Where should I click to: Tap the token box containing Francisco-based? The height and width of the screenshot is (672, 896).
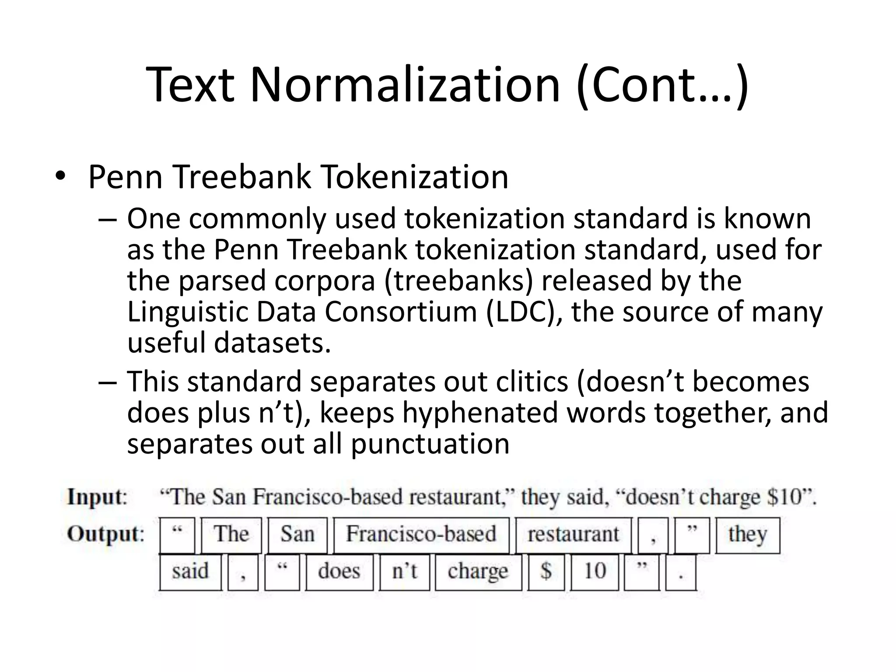[x=421, y=535]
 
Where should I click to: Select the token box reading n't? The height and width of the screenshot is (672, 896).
[x=404, y=571]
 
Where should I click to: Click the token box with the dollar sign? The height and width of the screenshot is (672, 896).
[x=546, y=571]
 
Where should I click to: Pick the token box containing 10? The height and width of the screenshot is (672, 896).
[x=595, y=571]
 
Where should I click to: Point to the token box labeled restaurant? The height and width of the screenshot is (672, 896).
[x=573, y=535]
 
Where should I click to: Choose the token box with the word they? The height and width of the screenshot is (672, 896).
[x=747, y=535]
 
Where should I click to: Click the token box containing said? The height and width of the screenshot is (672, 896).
[x=190, y=571]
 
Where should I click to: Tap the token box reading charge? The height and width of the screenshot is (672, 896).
[x=478, y=571]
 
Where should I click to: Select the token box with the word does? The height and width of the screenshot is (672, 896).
[x=339, y=571]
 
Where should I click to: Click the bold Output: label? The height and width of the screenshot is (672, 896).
[x=105, y=534]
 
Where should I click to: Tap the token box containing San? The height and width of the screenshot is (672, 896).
[x=297, y=535]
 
